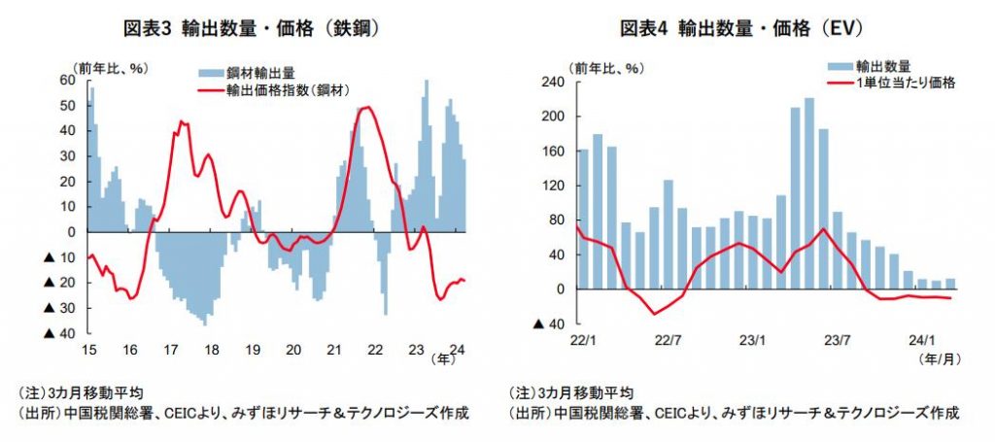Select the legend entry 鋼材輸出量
[x=260, y=73]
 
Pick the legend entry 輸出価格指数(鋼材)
[x=288, y=90]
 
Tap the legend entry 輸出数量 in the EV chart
[x=882, y=66]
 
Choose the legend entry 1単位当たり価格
[x=908, y=83]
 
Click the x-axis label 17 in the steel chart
[x=170, y=349]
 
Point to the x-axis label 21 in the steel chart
[x=335, y=349]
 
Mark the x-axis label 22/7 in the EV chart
[x=668, y=341]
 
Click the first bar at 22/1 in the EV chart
[x=584, y=219]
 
